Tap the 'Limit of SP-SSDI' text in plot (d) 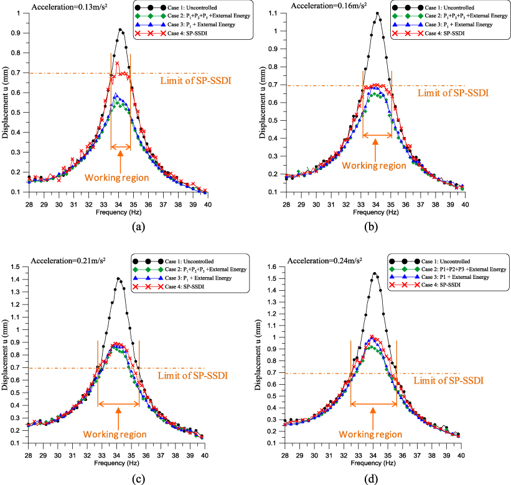point(446,379)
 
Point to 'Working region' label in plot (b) point(376,165)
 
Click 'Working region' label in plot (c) point(116,434)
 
